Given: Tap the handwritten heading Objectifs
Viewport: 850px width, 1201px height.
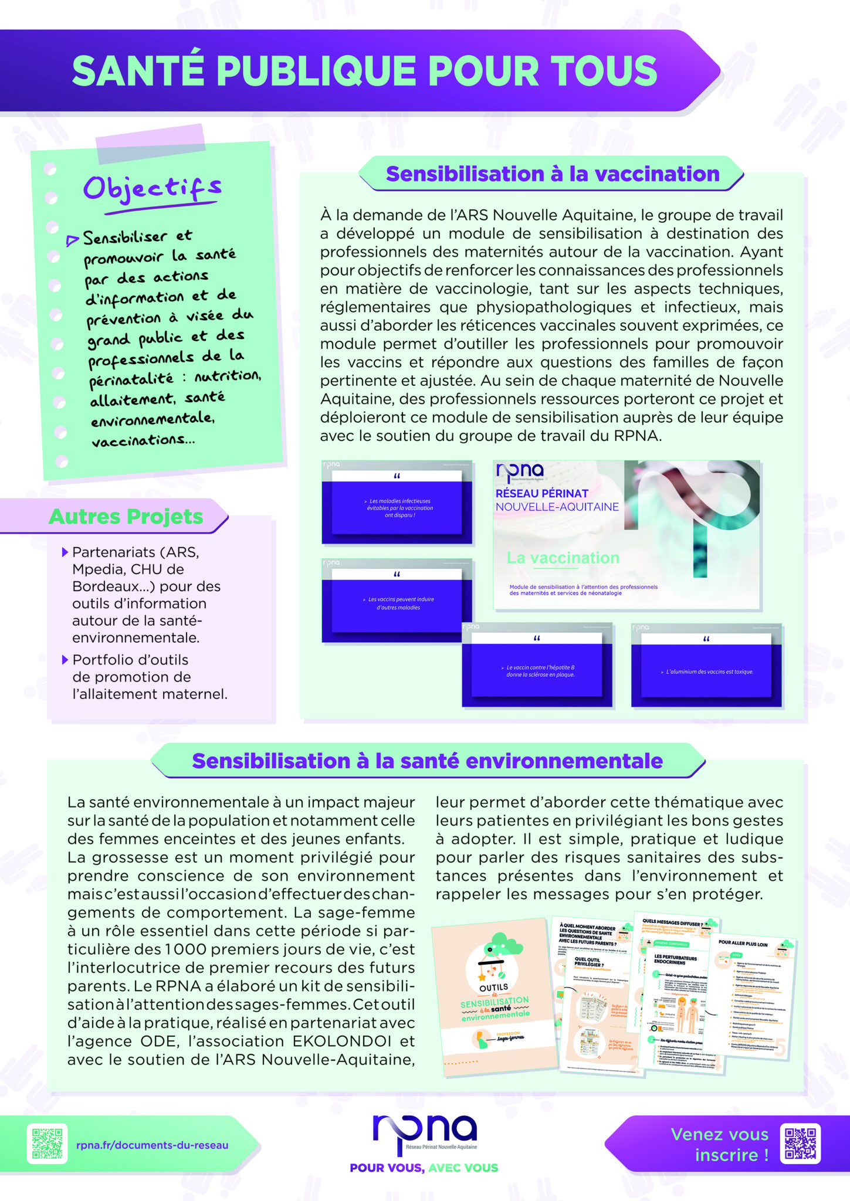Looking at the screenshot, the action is click(x=152, y=189).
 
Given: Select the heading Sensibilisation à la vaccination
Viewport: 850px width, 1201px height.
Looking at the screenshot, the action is click(x=552, y=174).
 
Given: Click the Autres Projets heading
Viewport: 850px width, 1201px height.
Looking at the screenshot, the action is click(x=126, y=517).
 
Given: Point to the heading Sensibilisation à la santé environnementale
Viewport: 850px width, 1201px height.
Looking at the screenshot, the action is click(x=427, y=761).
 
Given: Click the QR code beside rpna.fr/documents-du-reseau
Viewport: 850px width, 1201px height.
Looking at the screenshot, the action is click(x=47, y=1144).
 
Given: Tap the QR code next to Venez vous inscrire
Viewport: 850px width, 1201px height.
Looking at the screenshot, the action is click(x=800, y=1144).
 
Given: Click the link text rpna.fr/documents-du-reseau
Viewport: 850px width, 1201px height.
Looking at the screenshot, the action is click(x=152, y=1145).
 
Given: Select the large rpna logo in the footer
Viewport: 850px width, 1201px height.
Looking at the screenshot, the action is click(x=424, y=1131).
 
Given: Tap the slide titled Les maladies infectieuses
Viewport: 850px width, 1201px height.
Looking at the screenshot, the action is click(x=397, y=504).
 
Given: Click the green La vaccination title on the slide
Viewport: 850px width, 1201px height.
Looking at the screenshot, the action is click(x=563, y=558).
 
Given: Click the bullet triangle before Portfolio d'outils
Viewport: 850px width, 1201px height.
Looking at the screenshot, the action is click(x=65, y=660).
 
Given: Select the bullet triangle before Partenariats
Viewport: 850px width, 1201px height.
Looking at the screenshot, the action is click(x=65, y=552).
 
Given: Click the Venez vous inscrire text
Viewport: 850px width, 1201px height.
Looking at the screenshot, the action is click(x=719, y=1144).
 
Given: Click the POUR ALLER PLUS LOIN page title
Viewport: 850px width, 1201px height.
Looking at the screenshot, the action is click(x=743, y=944).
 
